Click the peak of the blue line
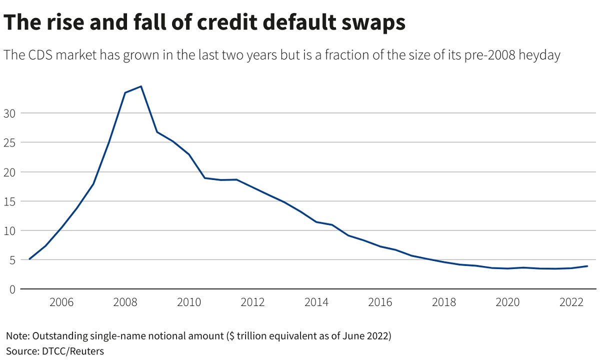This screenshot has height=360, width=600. [x=141, y=86]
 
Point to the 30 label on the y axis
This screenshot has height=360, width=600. [x=10, y=113]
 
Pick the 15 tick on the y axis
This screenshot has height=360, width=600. [x=10, y=201]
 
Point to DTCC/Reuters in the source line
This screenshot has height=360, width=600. [x=71, y=351]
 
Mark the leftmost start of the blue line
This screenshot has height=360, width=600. [x=29, y=259]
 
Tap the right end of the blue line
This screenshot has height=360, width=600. [x=587, y=266]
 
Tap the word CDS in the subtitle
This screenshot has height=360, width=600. [x=41, y=55]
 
